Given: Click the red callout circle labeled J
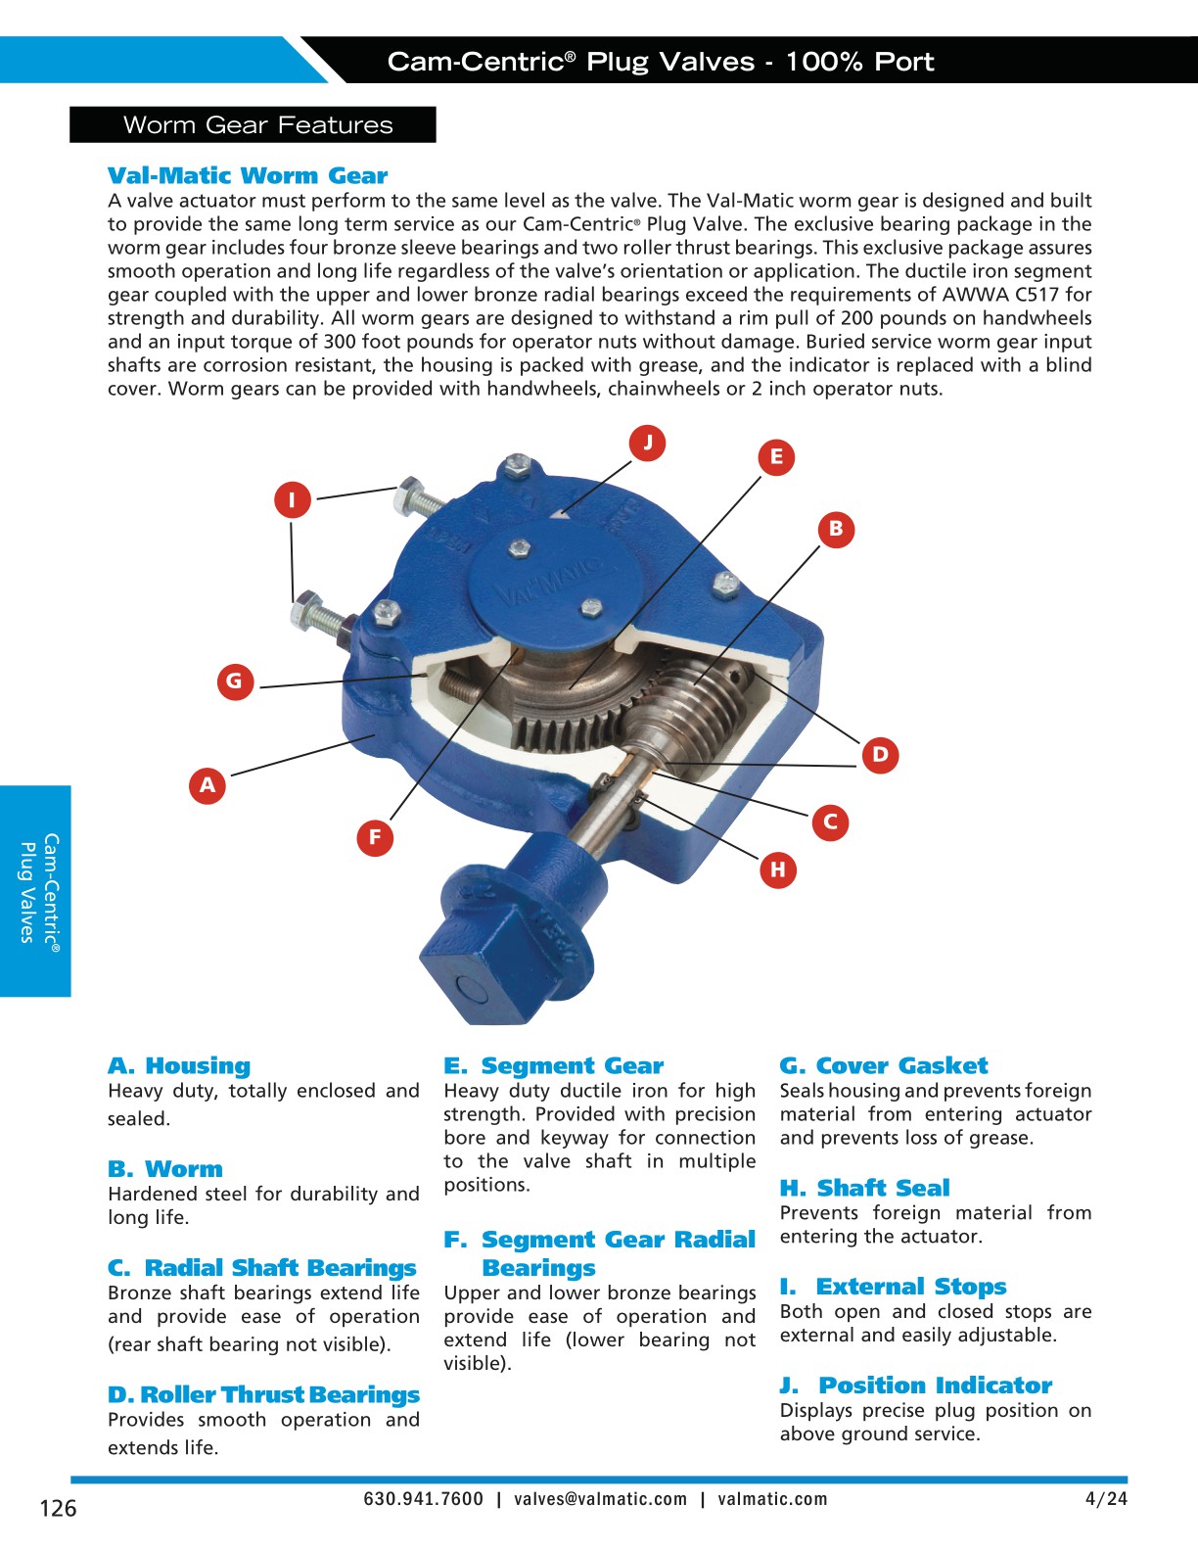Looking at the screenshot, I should [647, 443].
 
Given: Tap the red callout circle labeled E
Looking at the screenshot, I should [776, 456].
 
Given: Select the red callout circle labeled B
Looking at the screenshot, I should [836, 529].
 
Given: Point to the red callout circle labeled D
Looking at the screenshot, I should [880, 754].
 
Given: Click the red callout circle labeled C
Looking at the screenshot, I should [830, 822].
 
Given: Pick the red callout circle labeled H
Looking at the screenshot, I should [778, 869].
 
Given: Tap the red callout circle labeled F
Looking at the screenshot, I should [375, 837].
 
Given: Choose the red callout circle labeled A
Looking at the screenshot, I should [207, 785].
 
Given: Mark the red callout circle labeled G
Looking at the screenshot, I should [234, 681].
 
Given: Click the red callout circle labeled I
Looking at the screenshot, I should [292, 500].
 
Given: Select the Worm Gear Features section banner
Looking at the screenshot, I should [253, 125].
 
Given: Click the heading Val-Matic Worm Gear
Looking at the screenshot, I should [248, 176].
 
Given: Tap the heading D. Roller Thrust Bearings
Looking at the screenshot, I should [263, 1394].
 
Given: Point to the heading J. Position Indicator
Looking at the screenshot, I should [916, 1386].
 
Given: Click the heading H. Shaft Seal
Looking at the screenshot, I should [864, 1188].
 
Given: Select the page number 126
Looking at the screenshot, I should [58, 1509].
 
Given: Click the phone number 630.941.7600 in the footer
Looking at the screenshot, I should [423, 1499].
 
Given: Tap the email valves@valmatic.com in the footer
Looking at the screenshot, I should [601, 1499].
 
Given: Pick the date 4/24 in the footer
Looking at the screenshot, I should [1106, 1499].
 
